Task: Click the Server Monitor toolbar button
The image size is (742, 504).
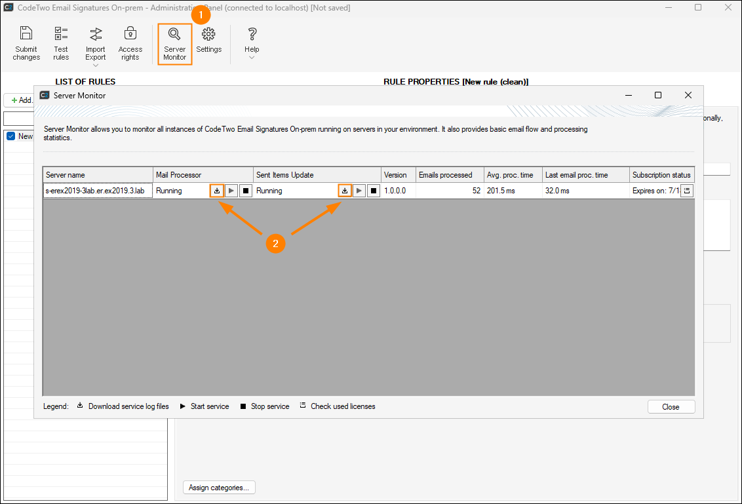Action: click(x=175, y=44)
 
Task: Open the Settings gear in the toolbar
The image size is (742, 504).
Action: click(x=208, y=40)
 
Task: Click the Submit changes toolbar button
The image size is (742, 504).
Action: click(x=26, y=44)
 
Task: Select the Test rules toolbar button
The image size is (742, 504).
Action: click(x=61, y=44)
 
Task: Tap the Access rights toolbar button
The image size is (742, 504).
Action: click(x=130, y=44)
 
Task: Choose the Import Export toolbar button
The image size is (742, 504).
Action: click(x=96, y=44)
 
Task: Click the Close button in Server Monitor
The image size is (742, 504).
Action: click(x=671, y=407)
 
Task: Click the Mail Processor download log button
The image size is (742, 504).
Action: click(x=217, y=191)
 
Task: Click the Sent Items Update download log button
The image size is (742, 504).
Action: click(x=345, y=191)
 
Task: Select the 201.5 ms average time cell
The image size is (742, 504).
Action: click(x=501, y=191)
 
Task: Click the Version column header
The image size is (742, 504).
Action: click(x=395, y=175)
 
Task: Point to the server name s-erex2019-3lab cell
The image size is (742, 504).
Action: click(x=97, y=191)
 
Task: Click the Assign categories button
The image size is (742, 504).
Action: click(x=219, y=488)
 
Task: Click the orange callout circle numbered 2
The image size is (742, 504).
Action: click(x=275, y=243)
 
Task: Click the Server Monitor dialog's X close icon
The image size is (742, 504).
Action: click(x=688, y=96)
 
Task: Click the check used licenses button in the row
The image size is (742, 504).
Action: click(x=687, y=191)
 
